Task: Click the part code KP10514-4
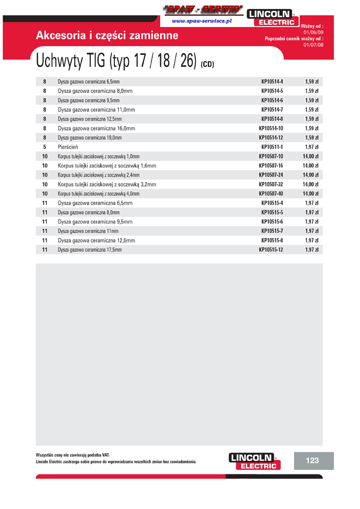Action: coord(272,81)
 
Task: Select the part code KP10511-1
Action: coord(272,147)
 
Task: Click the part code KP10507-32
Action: coord(271,185)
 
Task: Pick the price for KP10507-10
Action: coord(310,157)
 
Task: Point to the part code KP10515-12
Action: coord(271,250)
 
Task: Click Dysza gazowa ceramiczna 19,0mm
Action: coord(90,138)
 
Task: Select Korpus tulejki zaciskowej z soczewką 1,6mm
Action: coord(107,166)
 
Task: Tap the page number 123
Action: coord(312,460)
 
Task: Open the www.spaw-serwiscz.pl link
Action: coord(202,22)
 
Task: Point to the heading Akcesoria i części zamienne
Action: coord(107,36)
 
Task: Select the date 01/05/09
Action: coord(314,32)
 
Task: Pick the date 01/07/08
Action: coord(314,45)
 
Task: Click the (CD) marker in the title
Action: coord(207,64)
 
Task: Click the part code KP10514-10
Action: coord(271,128)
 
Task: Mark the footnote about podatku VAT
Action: coord(72,455)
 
